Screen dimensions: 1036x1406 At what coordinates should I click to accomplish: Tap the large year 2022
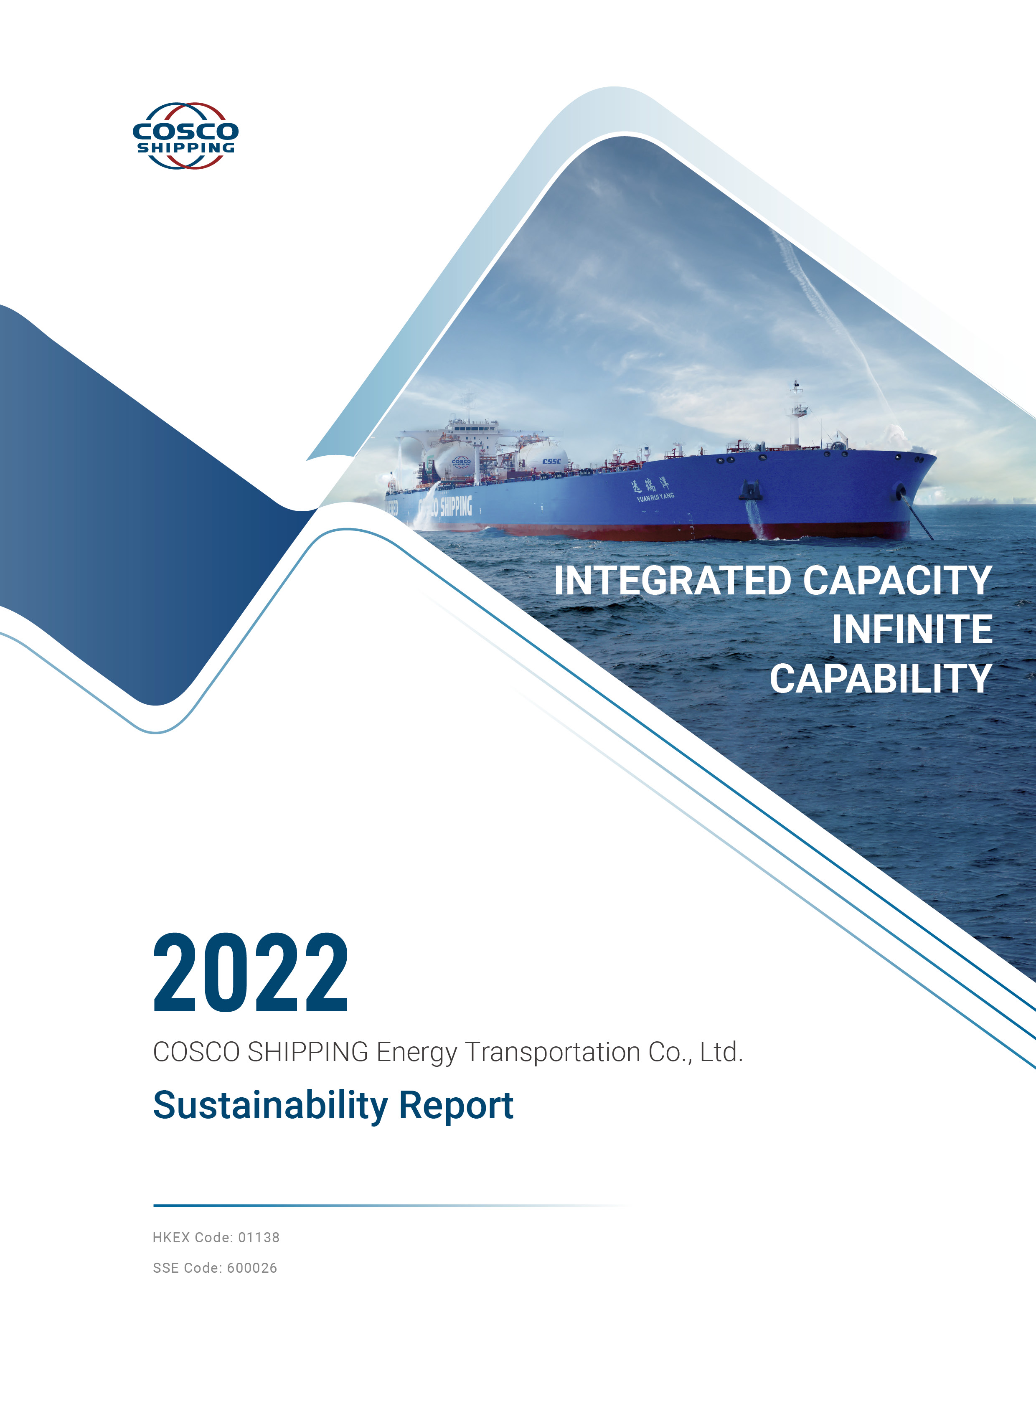(250, 973)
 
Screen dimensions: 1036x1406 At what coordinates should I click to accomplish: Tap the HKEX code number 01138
(259, 1237)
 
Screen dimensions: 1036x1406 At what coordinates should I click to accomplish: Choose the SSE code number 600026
(252, 1268)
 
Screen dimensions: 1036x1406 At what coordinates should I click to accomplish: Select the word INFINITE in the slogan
(912, 629)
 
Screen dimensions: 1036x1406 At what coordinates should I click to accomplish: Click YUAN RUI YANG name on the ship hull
(655, 497)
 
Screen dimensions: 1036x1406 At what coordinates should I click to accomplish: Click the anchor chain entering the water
(919, 514)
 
